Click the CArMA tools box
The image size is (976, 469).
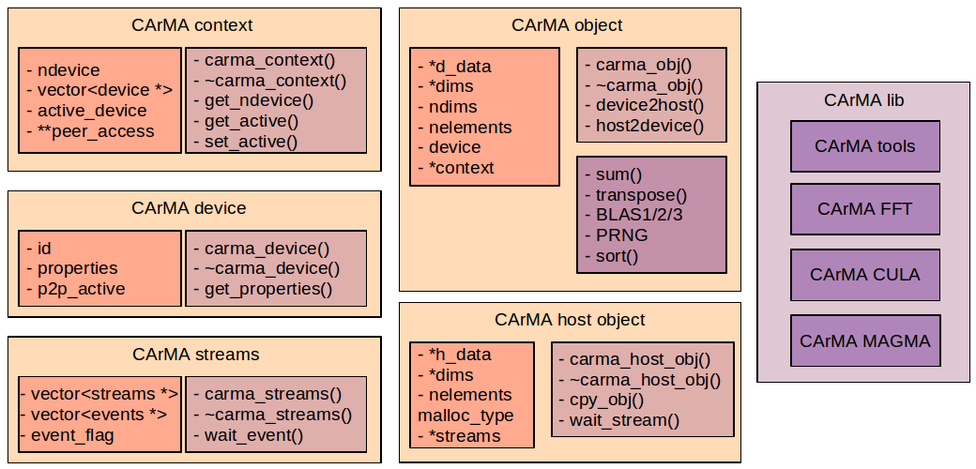point(864,146)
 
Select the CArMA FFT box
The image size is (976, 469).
point(864,210)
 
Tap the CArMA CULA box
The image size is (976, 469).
point(864,275)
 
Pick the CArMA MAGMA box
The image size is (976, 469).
point(864,340)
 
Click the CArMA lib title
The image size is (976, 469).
point(863,100)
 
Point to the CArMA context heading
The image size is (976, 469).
point(192,25)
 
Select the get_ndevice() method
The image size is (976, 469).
point(259,100)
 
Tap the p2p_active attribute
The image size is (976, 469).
point(81,289)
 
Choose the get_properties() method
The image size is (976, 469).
point(268,289)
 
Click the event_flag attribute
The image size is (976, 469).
point(73,434)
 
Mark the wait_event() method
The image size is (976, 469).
point(254,434)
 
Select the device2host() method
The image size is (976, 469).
point(649,105)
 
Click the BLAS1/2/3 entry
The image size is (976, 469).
point(640,215)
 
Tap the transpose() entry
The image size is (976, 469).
point(642,195)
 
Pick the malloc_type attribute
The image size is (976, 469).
point(465,416)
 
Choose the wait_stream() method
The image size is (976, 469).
point(624,420)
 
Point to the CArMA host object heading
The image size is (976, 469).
point(570,321)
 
